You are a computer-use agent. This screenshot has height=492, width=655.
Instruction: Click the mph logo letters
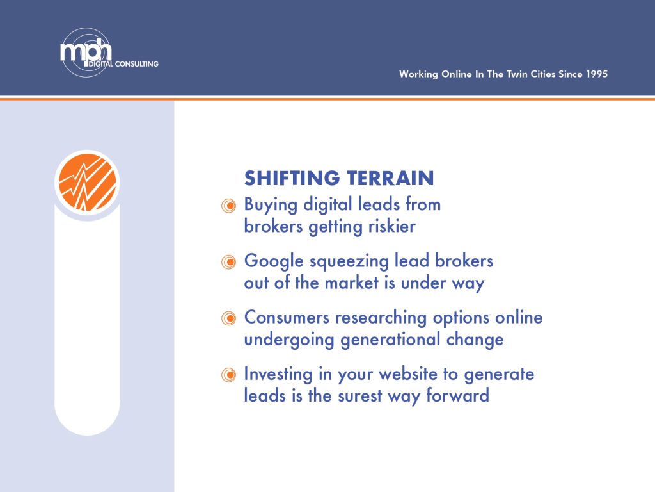point(86,50)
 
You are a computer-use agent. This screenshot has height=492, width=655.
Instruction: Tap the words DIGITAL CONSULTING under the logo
point(123,64)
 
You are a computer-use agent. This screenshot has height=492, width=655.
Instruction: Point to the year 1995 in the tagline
point(597,74)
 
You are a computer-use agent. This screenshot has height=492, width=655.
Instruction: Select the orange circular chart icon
point(87,183)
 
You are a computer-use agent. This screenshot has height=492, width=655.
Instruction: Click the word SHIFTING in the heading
point(292,178)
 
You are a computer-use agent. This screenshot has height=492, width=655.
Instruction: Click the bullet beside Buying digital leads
point(228,206)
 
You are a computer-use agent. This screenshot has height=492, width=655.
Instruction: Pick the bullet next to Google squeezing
point(228,262)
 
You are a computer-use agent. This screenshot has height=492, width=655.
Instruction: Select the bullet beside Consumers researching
point(228,318)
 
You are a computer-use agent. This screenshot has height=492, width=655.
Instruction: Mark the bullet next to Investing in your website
point(228,375)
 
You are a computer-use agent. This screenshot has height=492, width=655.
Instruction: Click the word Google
point(274,262)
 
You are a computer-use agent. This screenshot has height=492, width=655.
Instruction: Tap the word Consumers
point(287,317)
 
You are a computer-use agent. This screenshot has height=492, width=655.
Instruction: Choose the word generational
point(391,340)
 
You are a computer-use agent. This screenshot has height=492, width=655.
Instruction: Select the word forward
point(458,395)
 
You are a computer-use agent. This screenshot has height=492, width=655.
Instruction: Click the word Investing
point(278,375)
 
